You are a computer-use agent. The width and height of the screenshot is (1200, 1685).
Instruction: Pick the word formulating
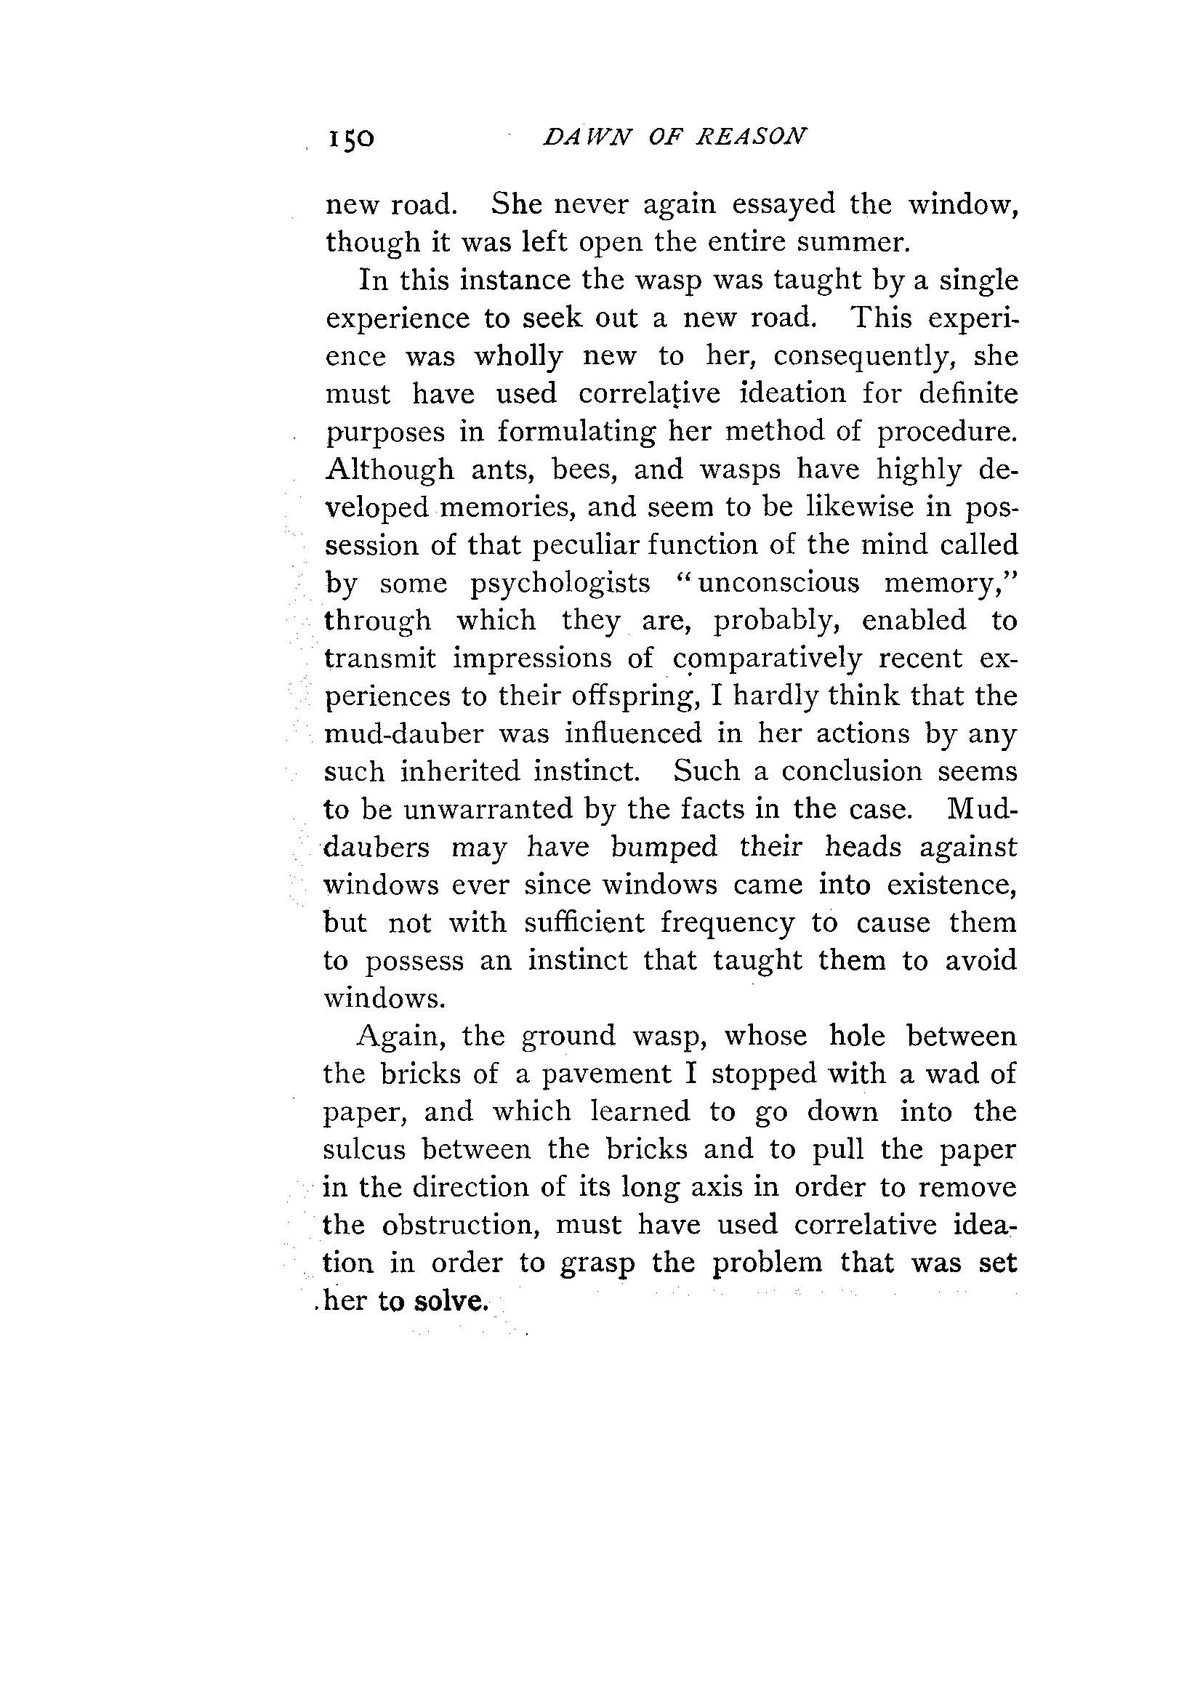(x=576, y=433)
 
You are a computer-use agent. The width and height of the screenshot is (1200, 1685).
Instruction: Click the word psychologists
(x=560, y=584)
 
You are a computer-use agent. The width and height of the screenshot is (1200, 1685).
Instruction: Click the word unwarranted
(x=488, y=810)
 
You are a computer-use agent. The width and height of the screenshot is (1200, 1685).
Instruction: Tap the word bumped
(x=664, y=847)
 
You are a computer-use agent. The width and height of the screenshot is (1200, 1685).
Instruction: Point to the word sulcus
(x=365, y=1150)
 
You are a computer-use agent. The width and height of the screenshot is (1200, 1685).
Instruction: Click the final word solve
(x=451, y=1301)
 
